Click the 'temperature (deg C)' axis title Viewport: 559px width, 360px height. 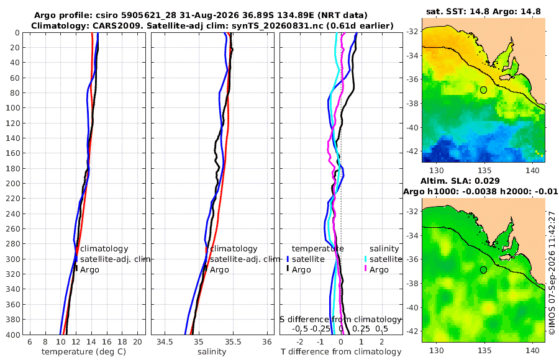(x=84, y=351)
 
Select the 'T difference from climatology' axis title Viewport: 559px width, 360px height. (x=341, y=351)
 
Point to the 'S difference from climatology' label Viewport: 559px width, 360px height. (x=340, y=319)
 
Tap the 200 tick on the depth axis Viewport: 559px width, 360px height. (x=12, y=183)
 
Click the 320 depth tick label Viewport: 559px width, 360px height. (x=12, y=274)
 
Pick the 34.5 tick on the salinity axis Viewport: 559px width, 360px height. (x=165, y=342)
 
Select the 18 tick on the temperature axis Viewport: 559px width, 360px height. (x=122, y=342)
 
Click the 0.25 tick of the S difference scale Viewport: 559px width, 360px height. (x=361, y=328)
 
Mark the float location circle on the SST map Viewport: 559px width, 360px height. (x=483, y=90)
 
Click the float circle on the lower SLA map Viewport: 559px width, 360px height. (x=483, y=270)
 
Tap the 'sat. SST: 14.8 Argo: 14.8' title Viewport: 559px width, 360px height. (x=483, y=11)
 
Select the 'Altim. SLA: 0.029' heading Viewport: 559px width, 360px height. (x=460, y=181)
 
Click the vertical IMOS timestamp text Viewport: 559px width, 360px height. (x=552, y=272)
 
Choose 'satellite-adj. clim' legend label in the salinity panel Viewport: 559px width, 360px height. (x=245, y=259)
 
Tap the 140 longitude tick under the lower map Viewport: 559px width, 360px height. (x=533, y=350)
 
